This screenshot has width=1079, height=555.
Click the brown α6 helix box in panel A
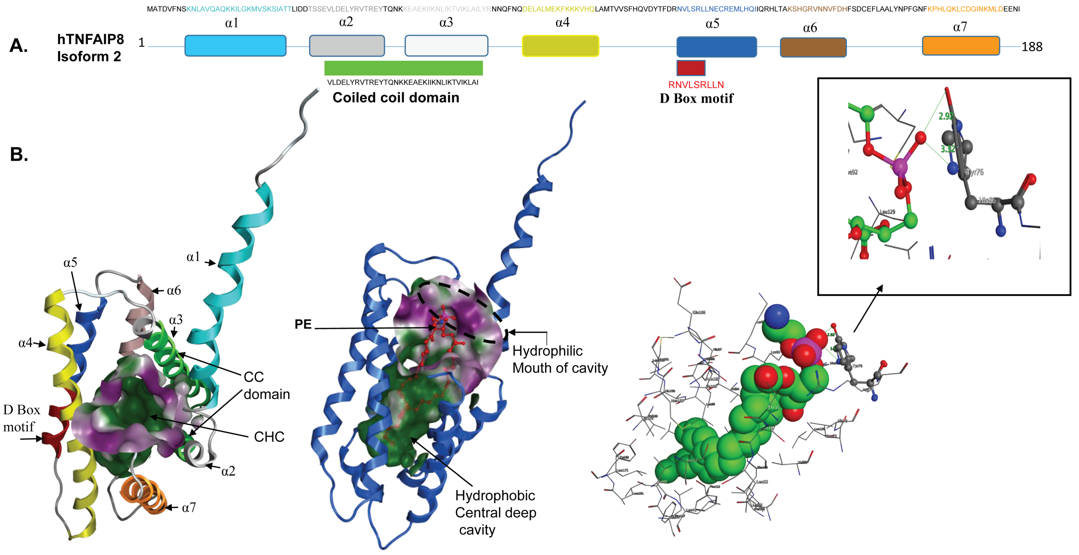813,47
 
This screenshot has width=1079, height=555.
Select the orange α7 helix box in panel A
961,46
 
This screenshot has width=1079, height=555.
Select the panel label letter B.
19,154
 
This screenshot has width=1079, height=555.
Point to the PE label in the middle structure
303,324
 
